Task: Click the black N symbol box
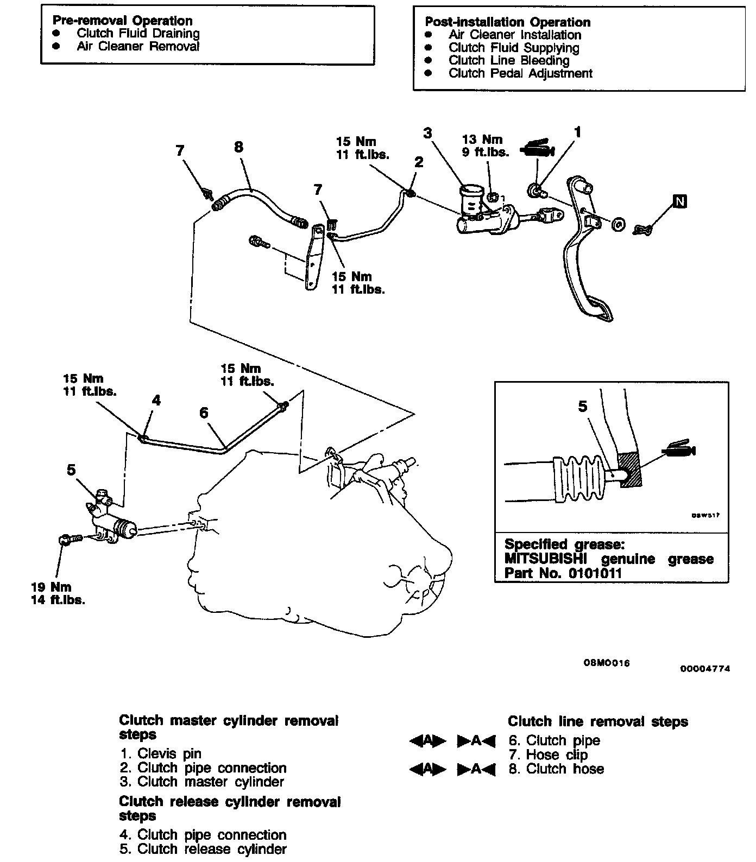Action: (679, 201)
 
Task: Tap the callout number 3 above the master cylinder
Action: (428, 133)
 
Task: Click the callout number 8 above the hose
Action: (238, 147)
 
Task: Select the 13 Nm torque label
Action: (482, 140)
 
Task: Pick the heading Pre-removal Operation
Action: (122, 21)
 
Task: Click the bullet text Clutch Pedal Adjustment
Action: (520, 73)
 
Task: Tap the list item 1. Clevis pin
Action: (161, 753)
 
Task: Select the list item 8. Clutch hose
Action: (556, 769)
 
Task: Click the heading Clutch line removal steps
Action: (597, 721)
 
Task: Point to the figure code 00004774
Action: (705, 668)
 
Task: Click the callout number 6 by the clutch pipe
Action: (204, 413)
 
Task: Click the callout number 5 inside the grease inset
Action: (583, 406)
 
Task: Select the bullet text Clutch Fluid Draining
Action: (138, 33)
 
